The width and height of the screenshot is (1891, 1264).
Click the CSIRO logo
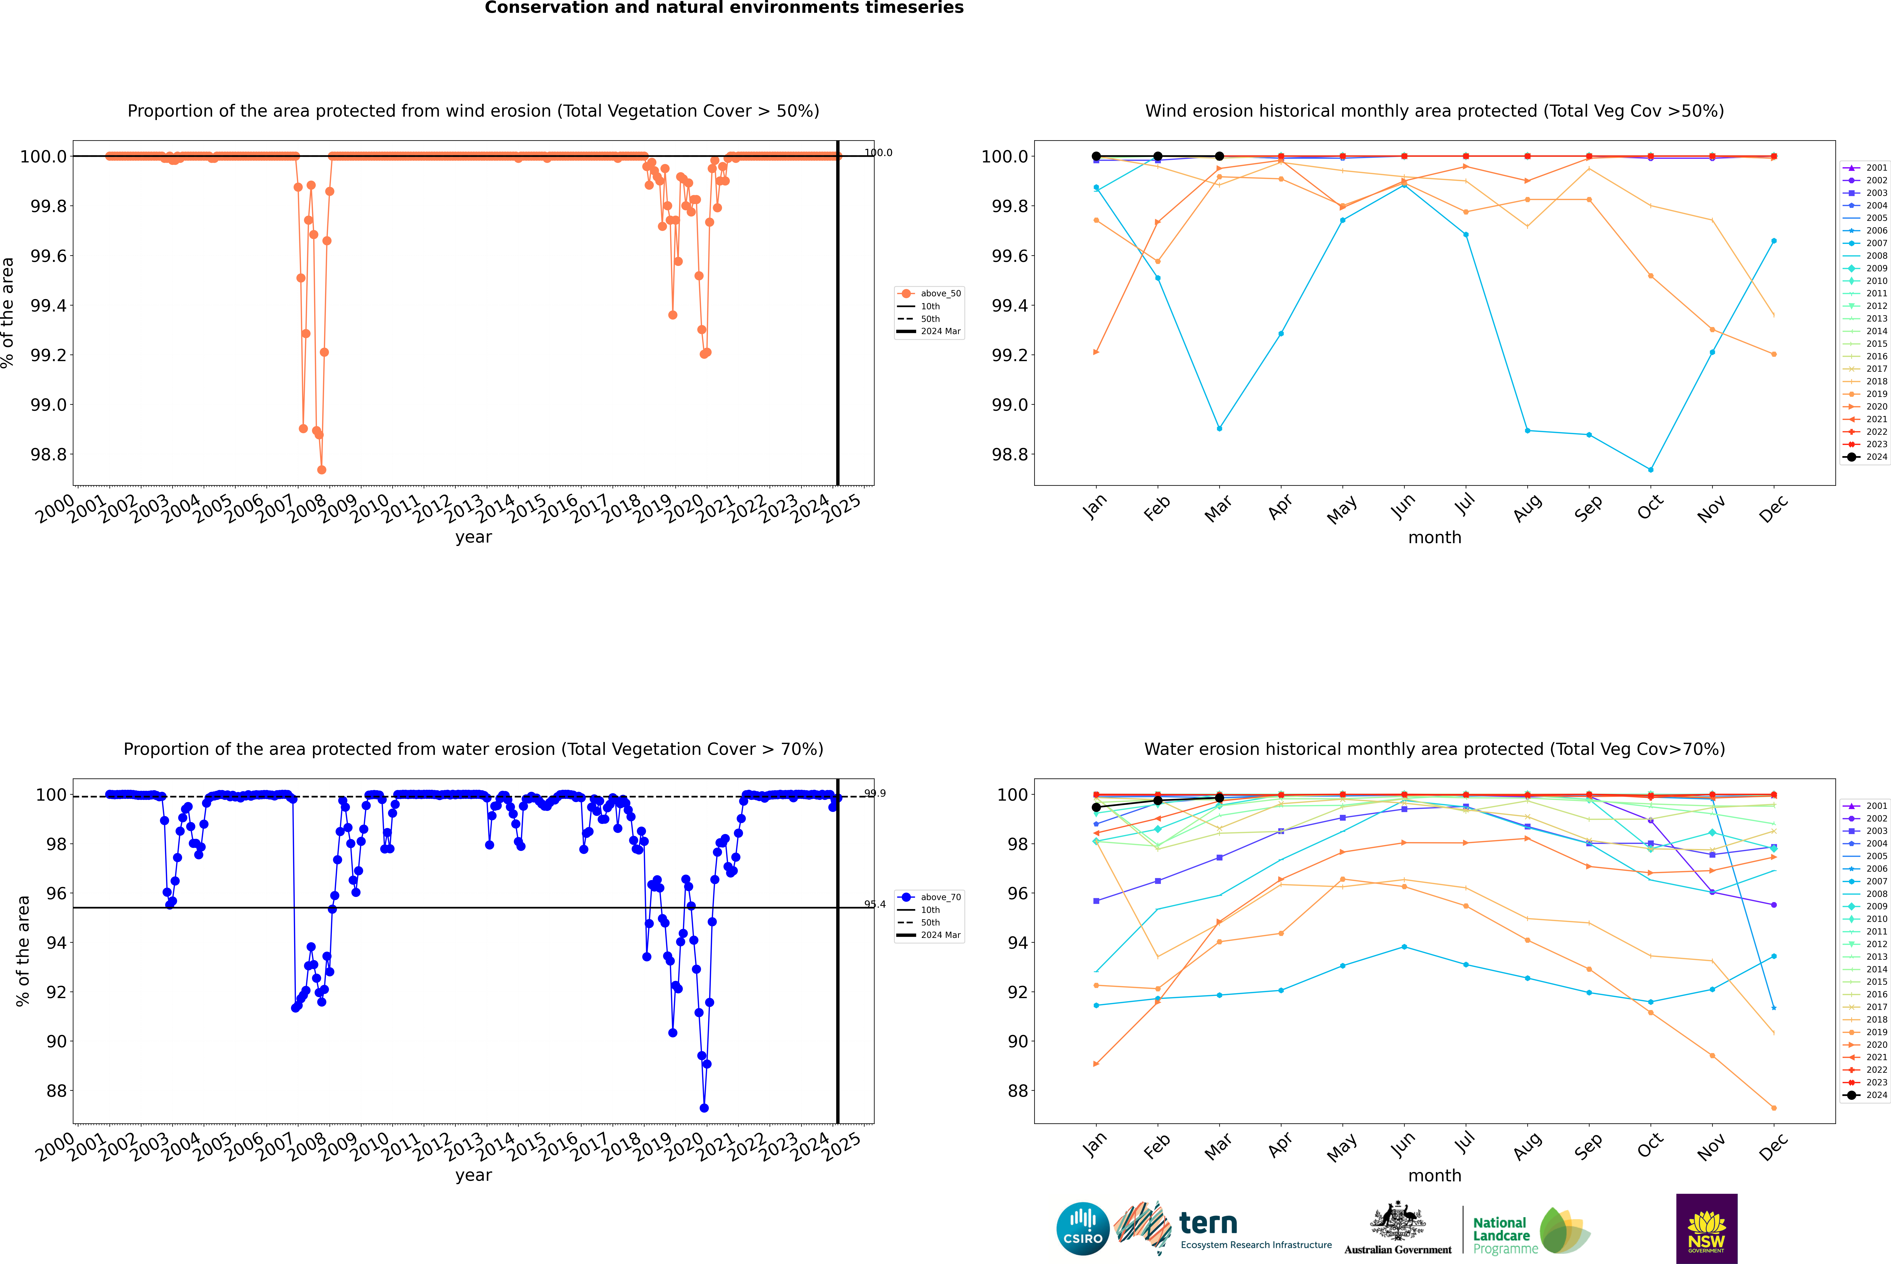pos(1083,1229)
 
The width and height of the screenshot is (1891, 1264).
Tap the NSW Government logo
pos(1706,1229)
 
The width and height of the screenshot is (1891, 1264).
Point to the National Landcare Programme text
pos(1501,1235)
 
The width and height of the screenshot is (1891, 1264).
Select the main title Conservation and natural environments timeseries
pos(724,8)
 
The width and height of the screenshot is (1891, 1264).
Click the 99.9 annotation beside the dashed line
pos(875,793)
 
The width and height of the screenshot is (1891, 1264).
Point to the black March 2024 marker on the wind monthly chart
pos(1219,156)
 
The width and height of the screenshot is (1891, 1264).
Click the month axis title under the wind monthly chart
pos(1434,538)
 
